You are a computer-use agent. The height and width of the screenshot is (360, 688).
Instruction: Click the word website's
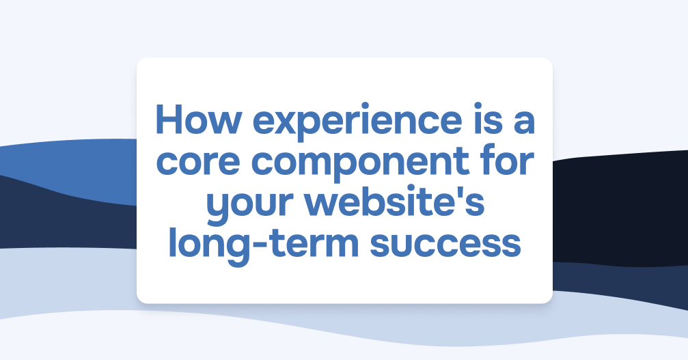(394, 205)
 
